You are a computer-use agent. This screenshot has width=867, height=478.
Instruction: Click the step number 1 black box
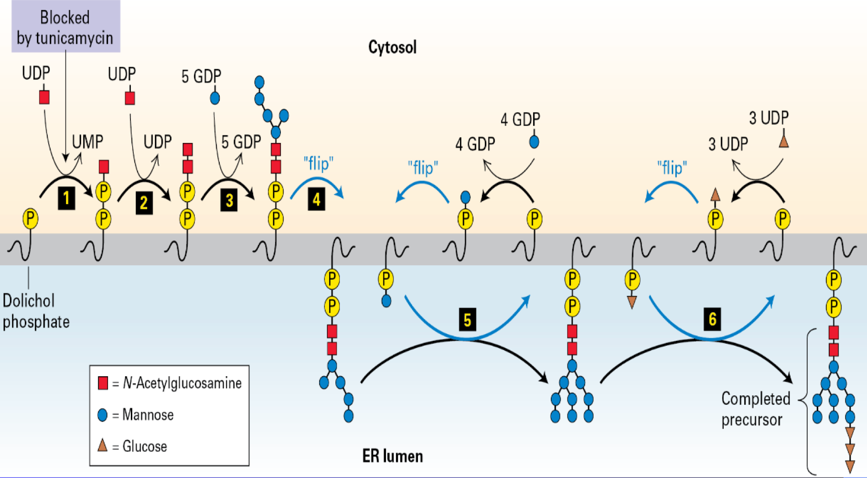(66, 198)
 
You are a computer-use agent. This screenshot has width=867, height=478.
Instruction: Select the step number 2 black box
(144, 203)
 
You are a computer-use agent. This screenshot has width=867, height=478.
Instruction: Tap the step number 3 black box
(229, 199)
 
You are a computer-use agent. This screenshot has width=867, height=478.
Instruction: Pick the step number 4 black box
(316, 199)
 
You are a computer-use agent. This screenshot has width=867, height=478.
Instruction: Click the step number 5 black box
(467, 319)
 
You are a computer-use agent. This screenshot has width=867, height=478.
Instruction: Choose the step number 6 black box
(712, 319)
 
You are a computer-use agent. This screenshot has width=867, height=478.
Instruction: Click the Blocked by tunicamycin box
(65, 27)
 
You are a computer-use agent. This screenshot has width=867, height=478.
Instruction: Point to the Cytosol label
(392, 47)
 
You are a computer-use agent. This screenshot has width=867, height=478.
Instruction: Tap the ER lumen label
(392, 456)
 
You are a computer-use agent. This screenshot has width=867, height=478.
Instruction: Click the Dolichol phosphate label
(35, 311)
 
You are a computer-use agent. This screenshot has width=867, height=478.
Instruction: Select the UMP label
(87, 142)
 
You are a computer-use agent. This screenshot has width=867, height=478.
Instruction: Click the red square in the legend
(103, 383)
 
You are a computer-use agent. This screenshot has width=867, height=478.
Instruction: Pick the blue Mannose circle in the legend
(102, 415)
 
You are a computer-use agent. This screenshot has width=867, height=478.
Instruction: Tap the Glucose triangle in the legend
(102, 445)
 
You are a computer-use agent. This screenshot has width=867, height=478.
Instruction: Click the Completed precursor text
(755, 409)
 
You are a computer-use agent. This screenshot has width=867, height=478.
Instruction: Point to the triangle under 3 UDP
(783, 141)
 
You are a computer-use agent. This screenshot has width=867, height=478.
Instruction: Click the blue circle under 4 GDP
(534, 142)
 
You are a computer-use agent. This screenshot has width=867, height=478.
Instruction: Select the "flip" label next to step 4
(318, 163)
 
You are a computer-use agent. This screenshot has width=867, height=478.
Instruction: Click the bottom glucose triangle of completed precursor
(850, 466)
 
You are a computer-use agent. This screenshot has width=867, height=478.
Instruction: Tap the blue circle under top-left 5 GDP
(215, 98)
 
